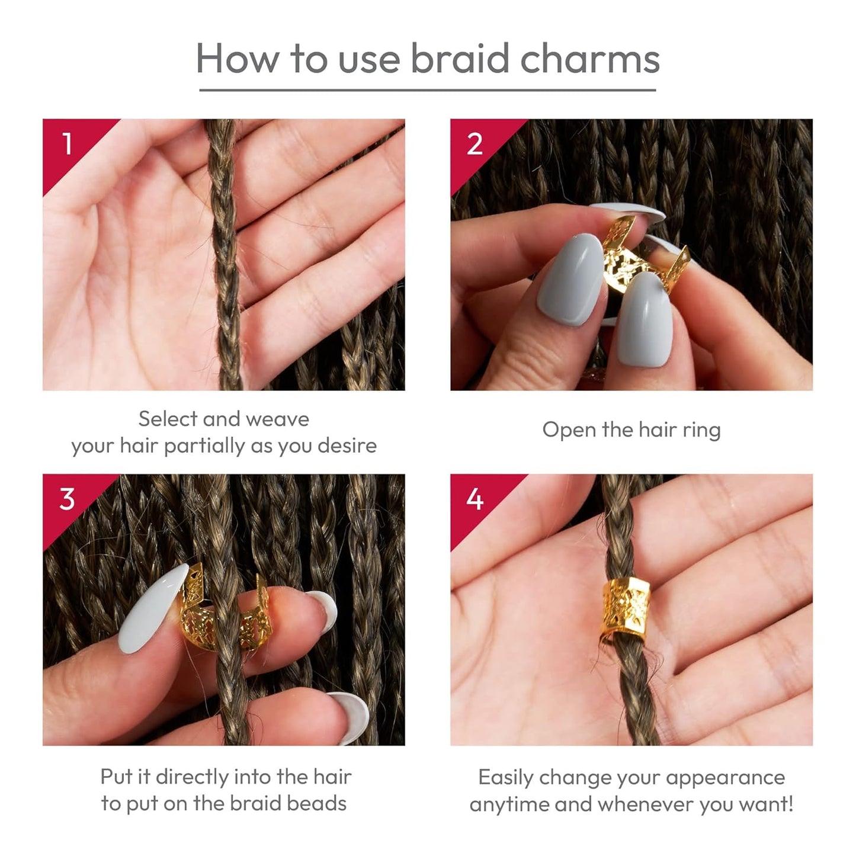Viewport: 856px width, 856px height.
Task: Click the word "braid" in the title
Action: pyautogui.click(x=460, y=58)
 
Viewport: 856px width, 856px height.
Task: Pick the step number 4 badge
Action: pyautogui.click(x=475, y=500)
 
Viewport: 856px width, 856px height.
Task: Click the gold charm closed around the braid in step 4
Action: pyautogui.click(x=626, y=610)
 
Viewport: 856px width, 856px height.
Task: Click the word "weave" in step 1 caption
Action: pyautogui.click(x=277, y=419)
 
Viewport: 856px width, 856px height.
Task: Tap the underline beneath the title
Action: pyautogui.click(x=427, y=90)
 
